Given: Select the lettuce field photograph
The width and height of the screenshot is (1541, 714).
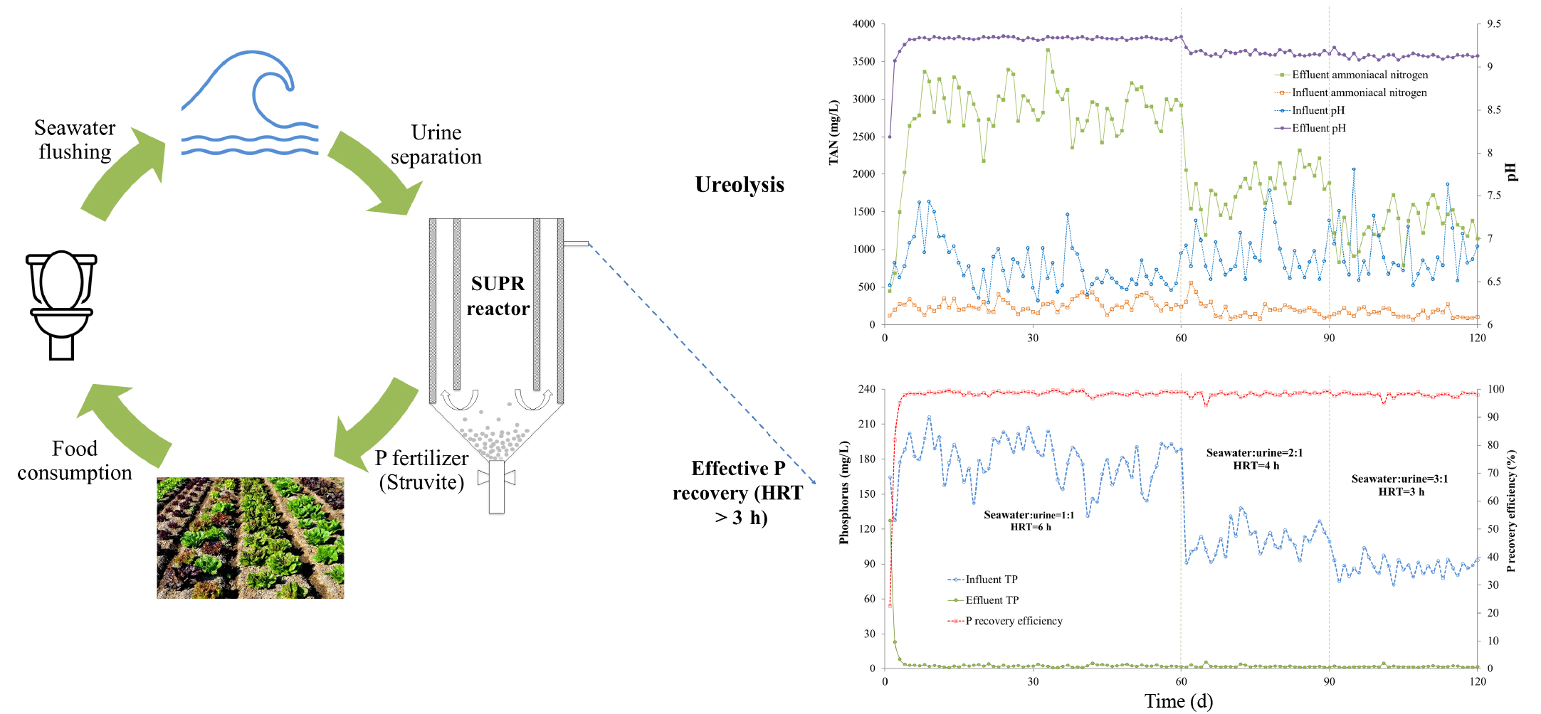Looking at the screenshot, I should click(x=250, y=538).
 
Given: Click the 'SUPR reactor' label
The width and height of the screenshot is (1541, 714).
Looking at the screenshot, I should click(x=498, y=296).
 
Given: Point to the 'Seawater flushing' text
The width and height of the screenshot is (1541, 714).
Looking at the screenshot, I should click(x=75, y=140).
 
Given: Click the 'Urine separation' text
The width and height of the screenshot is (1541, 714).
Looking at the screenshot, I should click(x=436, y=144).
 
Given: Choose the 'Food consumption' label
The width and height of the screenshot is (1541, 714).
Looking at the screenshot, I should click(x=75, y=461).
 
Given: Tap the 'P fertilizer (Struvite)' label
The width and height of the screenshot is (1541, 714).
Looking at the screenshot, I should click(x=421, y=470).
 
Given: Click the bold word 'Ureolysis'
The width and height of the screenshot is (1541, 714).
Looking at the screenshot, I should click(x=740, y=185).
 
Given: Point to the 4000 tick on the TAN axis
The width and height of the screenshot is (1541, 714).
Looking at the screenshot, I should click(x=863, y=24).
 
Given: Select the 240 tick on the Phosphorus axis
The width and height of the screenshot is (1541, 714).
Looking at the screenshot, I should click(x=866, y=389).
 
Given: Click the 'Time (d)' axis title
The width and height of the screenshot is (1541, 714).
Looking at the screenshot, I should click(x=1178, y=701).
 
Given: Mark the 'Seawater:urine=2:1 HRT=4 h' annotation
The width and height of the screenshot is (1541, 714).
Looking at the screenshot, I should click(x=1255, y=459).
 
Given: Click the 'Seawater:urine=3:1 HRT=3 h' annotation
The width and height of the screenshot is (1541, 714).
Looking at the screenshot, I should click(x=1399, y=485).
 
